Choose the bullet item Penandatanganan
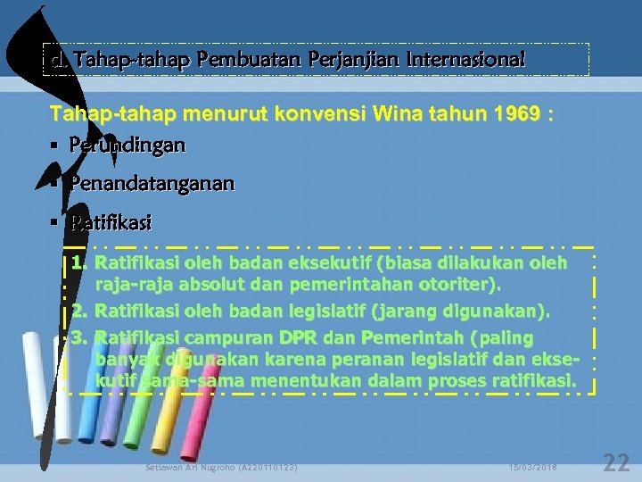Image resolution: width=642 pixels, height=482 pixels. click(x=152, y=183)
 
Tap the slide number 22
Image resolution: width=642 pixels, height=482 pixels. click(x=616, y=462)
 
